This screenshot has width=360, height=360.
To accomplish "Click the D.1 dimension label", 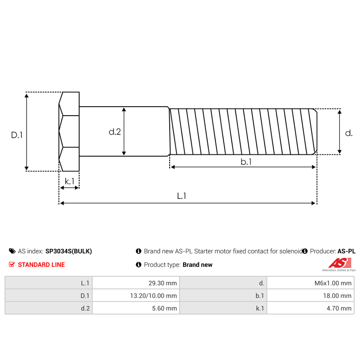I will pyautogui.click(x=17, y=134).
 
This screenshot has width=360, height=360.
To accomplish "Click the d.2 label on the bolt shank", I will pyautogui.click(x=115, y=132).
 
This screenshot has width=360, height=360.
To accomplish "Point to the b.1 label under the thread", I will pyautogui.click(x=246, y=162).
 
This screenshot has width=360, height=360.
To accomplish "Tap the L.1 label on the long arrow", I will pyautogui.click(x=181, y=196).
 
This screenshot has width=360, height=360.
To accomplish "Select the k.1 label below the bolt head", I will pyautogui.click(x=69, y=181).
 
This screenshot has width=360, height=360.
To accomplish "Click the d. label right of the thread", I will pyautogui.click(x=348, y=133).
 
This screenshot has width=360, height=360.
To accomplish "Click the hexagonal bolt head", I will pyautogui.click(x=69, y=131).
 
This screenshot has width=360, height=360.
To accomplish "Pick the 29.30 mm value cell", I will pyautogui.click(x=135, y=283).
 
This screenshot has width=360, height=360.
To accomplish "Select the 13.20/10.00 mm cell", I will pyautogui.click(x=135, y=296).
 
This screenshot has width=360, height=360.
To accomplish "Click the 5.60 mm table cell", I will pyautogui.click(x=135, y=308).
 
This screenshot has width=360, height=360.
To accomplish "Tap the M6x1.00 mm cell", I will pyautogui.click(x=310, y=283).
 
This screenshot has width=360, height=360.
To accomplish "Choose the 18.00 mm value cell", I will pyautogui.click(x=310, y=296).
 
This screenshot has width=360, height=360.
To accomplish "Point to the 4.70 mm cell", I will pyautogui.click(x=310, y=308).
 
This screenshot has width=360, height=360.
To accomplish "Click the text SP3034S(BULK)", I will pyautogui.click(x=68, y=251).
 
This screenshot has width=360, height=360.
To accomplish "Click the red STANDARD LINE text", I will pyautogui.click(x=41, y=265).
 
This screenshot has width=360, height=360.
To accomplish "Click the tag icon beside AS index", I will pyautogui.click(x=12, y=251).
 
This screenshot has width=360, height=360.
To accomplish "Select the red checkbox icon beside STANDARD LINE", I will pyautogui.click(x=12, y=265).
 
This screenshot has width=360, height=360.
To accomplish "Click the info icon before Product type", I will pyautogui.click(x=139, y=265).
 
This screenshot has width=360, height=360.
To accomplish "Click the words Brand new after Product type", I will pyautogui.click(x=197, y=265).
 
